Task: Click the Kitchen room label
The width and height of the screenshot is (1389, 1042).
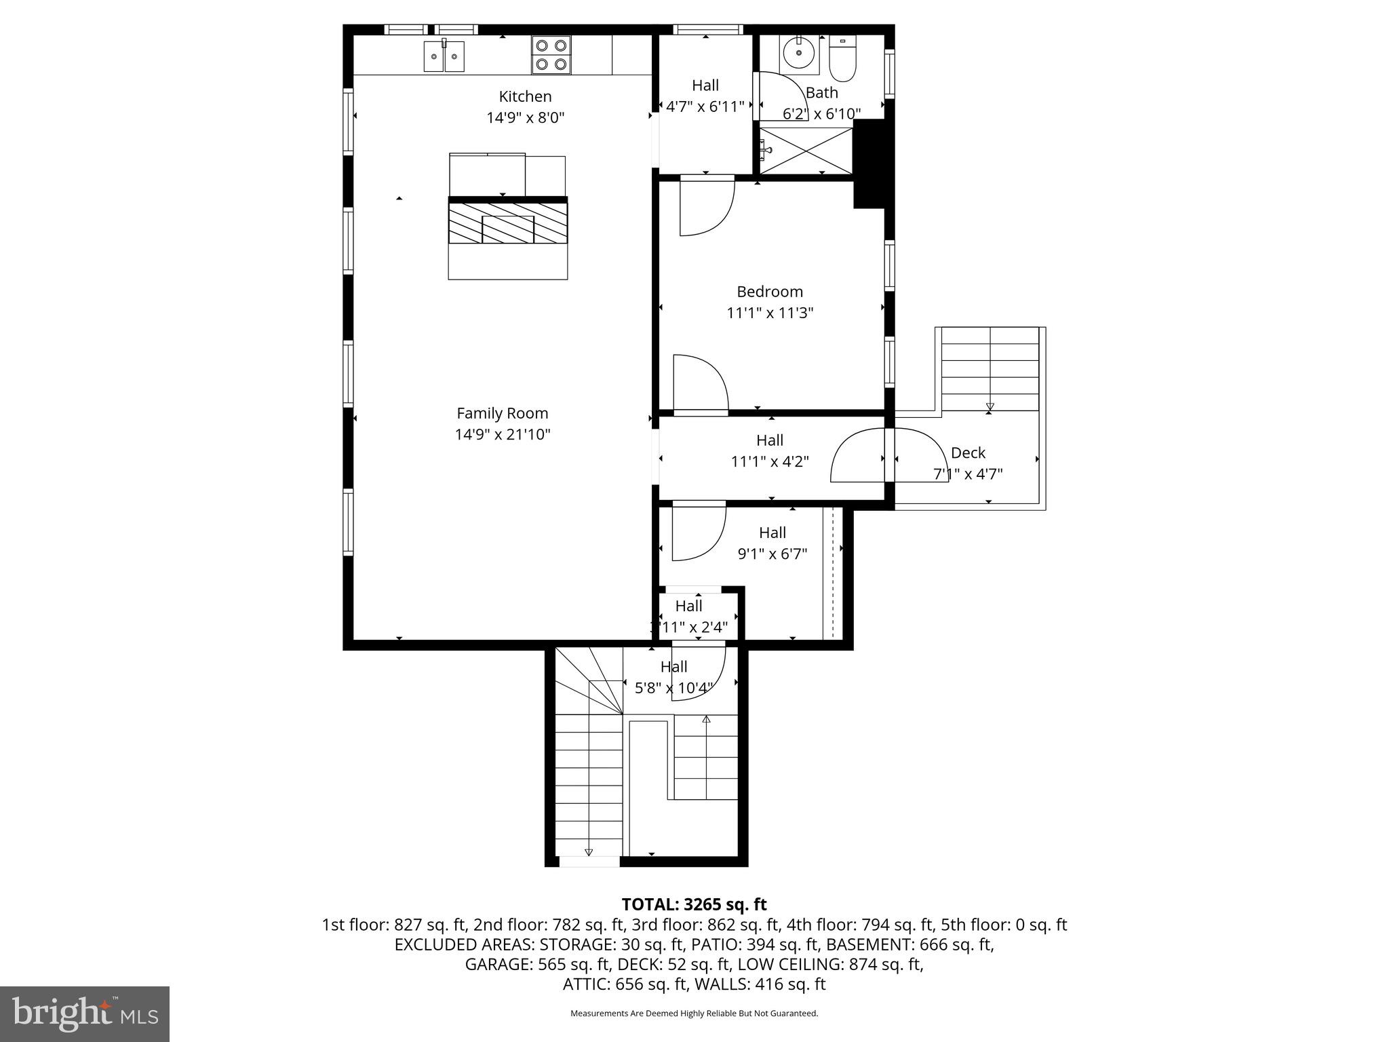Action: click(x=525, y=96)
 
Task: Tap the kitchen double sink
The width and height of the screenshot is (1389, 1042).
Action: click(x=444, y=56)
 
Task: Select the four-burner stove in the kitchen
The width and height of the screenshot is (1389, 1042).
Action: click(x=551, y=55)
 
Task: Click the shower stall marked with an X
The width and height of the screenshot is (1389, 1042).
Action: click(x=806, y=150)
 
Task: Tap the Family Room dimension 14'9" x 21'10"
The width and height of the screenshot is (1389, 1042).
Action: click(x=502, y=434)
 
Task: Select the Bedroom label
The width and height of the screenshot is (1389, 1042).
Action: click(x=770, y=292)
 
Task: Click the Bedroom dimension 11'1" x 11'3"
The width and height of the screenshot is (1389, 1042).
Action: click(x=770, y=313)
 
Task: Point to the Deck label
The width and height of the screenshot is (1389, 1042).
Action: click(x=968, y=452)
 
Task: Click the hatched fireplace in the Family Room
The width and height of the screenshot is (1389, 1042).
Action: click(x=507, y=224)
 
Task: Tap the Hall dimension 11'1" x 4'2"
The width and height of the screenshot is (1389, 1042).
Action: click(x=770, y=461)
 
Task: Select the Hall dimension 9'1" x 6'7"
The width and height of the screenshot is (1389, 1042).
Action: click(x=772, y=554)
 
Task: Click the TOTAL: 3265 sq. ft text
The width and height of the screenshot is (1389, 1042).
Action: click(x=694, y=904)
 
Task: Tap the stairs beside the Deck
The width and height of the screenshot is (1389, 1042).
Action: click(x=990, y=370)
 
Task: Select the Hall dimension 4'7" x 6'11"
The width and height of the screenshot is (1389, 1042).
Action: click(x=705, y=107)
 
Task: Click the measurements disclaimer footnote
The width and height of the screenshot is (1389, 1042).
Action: click(x=694, y=1014)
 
